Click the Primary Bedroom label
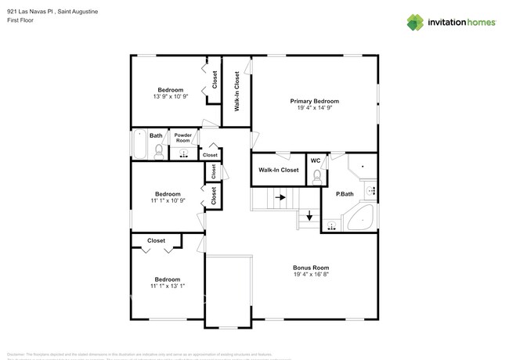[x=314, y=101]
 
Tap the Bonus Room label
[x=311, y=267]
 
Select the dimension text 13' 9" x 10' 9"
[x=169, y=97]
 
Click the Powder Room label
[x=183, y=137]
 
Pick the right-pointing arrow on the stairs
[x=280, y=197]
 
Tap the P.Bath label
[x=345, y=194]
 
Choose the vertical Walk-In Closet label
[x=236, y=91]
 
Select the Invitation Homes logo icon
[x=416, y=23]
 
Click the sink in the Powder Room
[x=184, y=153]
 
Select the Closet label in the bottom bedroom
[x=156, y=241]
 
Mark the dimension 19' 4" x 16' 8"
[x=311, y=275]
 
